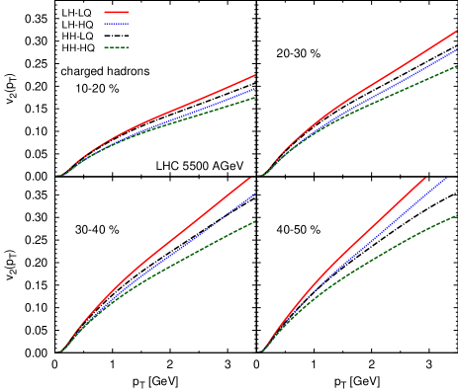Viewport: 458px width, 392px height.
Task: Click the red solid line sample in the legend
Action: click(x=117, y=13)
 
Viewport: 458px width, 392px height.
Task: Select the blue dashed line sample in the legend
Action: click(x=117, y=24)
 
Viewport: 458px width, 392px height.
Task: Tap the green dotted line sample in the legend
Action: click(x=117, y=47)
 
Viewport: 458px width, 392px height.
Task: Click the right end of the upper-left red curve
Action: click(x=254, y=75)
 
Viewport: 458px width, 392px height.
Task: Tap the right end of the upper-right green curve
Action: click(x=456, y=66)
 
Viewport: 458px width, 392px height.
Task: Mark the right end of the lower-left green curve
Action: click(x=255, y=221)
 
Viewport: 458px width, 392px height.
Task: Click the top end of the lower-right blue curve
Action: click(x=445, y=179)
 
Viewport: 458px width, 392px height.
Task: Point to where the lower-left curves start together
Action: click(x=58, y=352)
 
